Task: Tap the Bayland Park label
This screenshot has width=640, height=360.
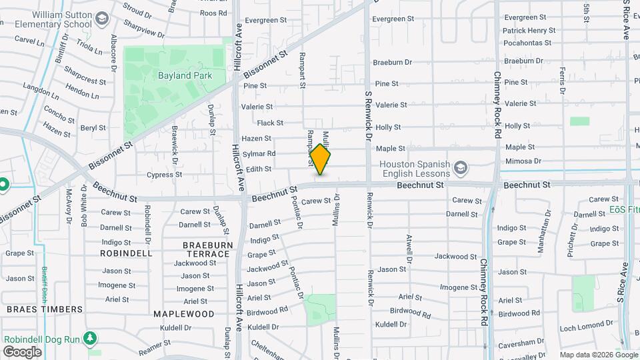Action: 185,75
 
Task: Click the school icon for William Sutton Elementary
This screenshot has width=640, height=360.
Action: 102,18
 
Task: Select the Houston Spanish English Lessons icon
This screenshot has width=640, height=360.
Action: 460,166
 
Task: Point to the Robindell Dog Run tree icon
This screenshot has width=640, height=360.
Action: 89,339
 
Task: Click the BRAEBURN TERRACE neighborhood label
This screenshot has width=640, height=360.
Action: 207,250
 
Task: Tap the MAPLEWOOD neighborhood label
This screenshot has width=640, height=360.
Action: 183,313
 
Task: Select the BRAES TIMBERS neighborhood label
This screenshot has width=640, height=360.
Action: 45,309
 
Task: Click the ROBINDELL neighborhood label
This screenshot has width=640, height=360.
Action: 126,253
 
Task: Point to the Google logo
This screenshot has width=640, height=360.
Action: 22,352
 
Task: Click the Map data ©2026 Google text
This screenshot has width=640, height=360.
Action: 598,354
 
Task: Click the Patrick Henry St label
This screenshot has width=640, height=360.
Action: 529,31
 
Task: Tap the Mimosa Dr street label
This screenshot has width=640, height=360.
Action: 523,161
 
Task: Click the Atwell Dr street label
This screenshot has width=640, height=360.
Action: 409,248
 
